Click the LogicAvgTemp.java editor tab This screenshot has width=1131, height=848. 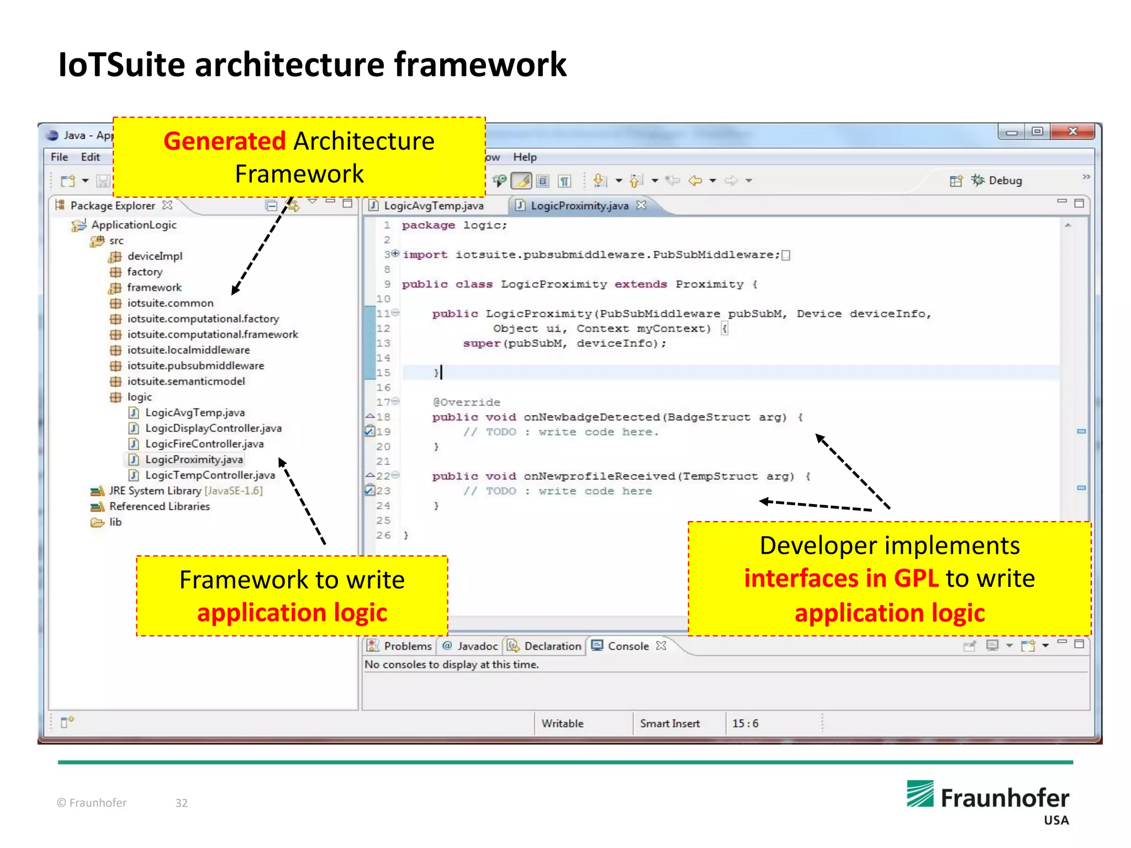[433, 206]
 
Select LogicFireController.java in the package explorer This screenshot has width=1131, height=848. [204, 444]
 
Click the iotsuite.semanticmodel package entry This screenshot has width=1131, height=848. [186, 381]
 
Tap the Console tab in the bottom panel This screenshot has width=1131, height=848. [628, 646]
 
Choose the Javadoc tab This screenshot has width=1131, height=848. [477, 646]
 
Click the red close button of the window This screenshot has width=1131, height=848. [1072, 131]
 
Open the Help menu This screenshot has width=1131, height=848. [524, 157]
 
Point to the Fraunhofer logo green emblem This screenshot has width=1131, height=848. [920, 793]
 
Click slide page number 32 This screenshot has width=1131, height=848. [182, 803]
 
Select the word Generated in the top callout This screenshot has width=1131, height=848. [224, 141]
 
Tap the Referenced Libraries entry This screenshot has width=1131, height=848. [159, 506]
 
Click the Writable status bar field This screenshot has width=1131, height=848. [562, 723]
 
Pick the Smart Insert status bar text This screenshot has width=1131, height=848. [669, 723]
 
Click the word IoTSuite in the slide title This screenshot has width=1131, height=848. [121, 65]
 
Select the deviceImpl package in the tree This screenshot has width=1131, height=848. [154, 256]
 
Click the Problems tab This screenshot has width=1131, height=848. [407, 646]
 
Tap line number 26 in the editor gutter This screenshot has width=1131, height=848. [383, 536]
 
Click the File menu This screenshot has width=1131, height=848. [59, 157]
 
